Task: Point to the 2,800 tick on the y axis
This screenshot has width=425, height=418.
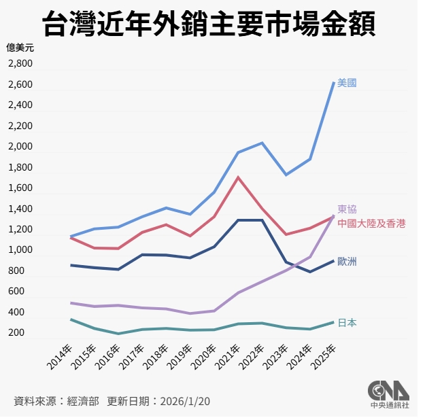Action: [20, 64]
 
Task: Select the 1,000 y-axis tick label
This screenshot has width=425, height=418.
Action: [20, 250]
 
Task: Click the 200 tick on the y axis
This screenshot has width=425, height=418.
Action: [24, 332]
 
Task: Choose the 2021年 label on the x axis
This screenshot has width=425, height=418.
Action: [228, 358]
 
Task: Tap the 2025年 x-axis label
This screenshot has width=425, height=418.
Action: [324, 358]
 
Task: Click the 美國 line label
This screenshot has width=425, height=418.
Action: [347, 83]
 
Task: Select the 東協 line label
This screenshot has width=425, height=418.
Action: [347, 209]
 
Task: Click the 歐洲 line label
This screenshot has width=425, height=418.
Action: [347, 262]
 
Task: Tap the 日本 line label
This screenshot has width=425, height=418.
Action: [347, 323]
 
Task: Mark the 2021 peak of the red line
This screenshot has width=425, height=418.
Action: [237, 177]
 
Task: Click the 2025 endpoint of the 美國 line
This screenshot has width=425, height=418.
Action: [333, 83]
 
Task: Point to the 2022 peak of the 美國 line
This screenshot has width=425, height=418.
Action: [262, 143]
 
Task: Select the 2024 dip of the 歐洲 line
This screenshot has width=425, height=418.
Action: [309, 272]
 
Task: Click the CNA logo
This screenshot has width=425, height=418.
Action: [388, 393]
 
